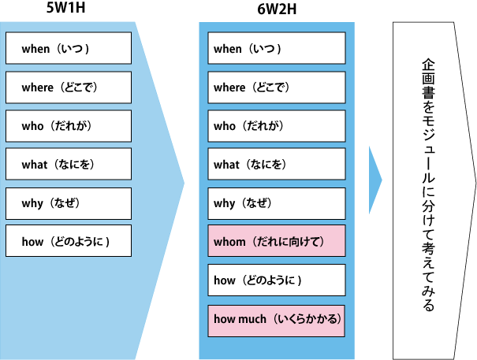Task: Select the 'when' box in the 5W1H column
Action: (x=69, y=49)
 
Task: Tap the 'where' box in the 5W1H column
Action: (x=69, y=87)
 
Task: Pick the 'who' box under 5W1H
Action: (x=69, y=126)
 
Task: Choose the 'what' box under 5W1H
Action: (x=69, y=165)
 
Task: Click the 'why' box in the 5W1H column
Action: (x=69, y=203)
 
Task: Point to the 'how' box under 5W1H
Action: (x=69, y=242)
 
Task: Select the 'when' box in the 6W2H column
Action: (x=277, y=49)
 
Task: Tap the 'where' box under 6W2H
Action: (x=277, y=87)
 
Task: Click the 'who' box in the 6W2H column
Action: (x=277, y=126)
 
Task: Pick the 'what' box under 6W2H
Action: (x=277, y=165)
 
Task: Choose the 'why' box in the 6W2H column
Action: (x=277, y=203)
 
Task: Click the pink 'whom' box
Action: (x=277, y=242)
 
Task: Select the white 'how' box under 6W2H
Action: (x=277, y=280)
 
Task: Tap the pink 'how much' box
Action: (x=277, y=319)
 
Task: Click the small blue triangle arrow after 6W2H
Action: (x=375, y=180)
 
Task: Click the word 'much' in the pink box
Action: (x=252, y=319)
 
